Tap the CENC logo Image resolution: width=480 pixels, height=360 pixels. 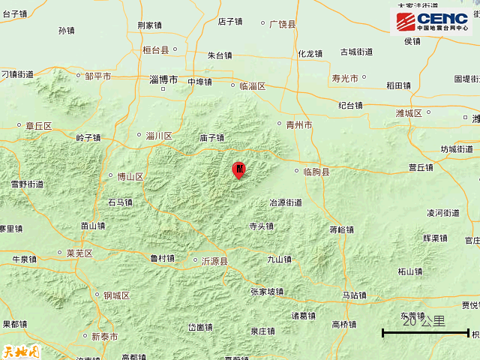coord(431,23)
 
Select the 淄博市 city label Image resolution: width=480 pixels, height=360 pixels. coord(163,79)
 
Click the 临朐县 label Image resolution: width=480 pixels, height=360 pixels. coord(316,172)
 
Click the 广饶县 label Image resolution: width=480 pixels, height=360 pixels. coord(282,24)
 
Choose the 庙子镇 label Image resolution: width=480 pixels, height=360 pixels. coord(212,138)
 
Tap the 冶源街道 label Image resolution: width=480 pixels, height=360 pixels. coord(286,202)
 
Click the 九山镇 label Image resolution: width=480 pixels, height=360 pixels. coord(279,259)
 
